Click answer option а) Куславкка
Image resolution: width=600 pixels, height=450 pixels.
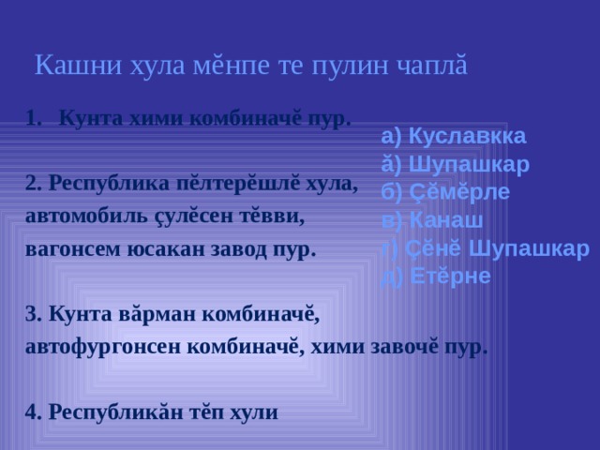click(454, 135)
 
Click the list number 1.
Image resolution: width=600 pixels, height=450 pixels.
click(35, 120)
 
